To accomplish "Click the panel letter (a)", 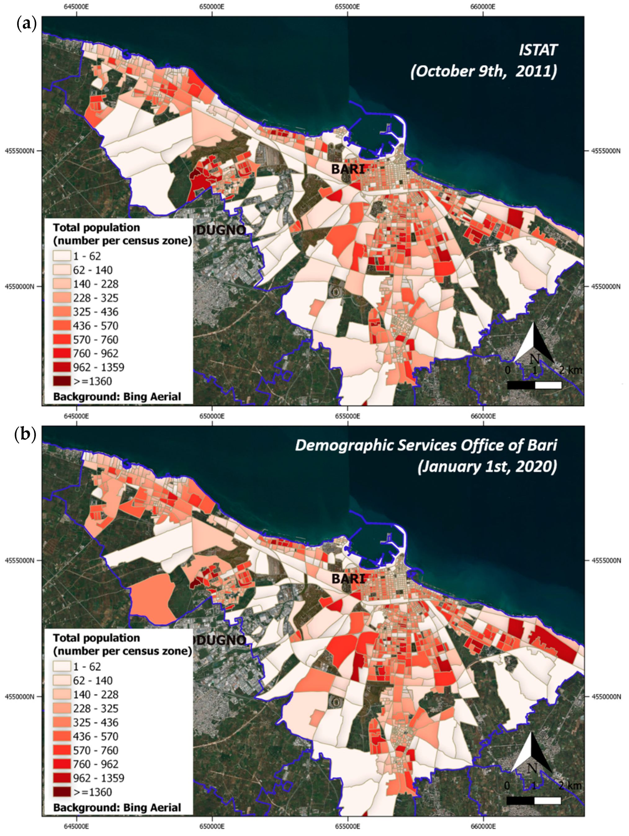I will click(x=26, y=24).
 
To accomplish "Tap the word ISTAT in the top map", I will click(x=538, y=50).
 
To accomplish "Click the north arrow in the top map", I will click(x=534, y=342).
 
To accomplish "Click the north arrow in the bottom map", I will click(x=532, y=752).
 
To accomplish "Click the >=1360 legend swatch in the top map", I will click(x=61, y=381).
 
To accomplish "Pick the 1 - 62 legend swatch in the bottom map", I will click(x=61, y=666).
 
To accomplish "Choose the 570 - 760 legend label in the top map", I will click(x=96, y=339).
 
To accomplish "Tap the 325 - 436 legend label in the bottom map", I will click(x=96, y=722).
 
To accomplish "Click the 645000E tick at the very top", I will click(x=77, y=7).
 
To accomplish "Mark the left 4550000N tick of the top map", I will click(x=19, y=286).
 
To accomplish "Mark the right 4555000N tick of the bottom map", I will click(x=606, y=560).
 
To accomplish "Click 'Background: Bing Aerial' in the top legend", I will click(x=117, y=396).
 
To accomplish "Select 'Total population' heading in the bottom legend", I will click(x=96, y=638).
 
